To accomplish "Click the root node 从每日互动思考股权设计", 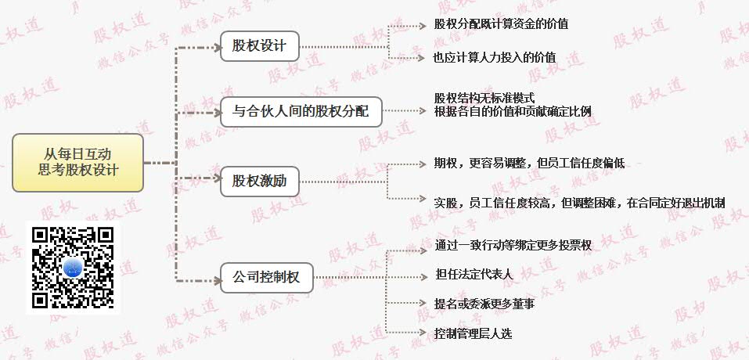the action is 78,162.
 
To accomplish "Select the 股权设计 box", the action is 260,46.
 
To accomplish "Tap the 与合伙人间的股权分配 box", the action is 301,112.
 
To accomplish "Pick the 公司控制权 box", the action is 266,276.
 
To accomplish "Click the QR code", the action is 72,267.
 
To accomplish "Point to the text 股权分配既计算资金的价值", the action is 501,24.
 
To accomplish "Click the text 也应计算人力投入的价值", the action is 495,57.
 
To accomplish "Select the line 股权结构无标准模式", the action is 484,99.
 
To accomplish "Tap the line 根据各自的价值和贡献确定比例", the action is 513,111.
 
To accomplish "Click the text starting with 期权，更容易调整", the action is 529,164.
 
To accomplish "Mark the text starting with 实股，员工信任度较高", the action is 579,203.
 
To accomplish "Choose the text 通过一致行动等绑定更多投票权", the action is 513,246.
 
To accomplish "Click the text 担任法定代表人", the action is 474,275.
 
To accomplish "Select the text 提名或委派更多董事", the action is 484,304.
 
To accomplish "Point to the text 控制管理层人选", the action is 474,333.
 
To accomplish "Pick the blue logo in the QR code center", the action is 72,268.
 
